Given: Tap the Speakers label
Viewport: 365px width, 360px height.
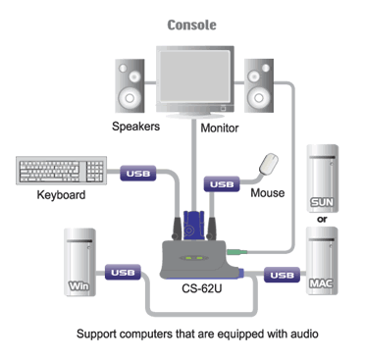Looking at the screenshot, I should click(x=138, y=129).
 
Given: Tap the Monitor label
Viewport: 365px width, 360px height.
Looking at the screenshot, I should click(x=221, y=129).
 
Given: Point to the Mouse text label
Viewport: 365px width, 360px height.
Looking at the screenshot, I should click(x=268, y=193).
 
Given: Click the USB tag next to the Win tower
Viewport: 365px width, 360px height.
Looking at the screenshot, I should click(x=124, y=272).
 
